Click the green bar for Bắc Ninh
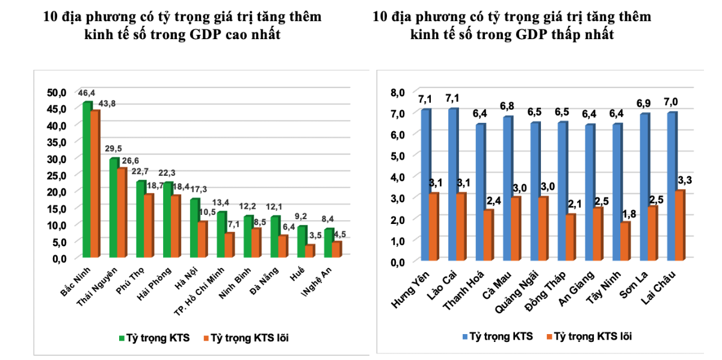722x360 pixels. tap(87, 181)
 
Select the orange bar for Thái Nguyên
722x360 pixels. tap(122, 213)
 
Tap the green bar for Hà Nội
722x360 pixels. tap(194, 229)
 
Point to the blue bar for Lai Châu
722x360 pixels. tap(671, 187)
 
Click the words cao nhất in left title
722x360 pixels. tap(251, 35)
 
